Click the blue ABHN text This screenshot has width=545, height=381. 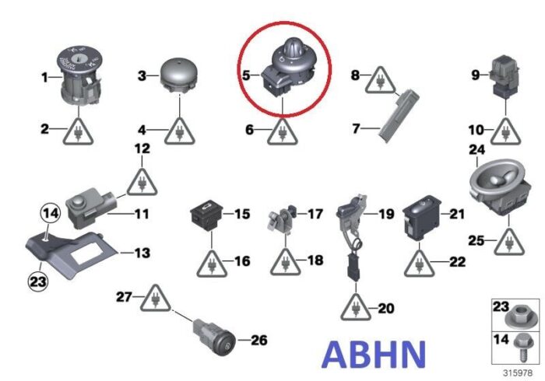click(x=374, y=355)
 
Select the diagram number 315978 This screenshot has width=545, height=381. click(x=518, y=373)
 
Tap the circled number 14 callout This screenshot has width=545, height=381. click(x=51, y=213)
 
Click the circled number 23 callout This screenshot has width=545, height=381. click(x=38, y=281)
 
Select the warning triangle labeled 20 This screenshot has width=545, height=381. click(x=356, y=306)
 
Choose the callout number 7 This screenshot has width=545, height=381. click(x=356, y=129)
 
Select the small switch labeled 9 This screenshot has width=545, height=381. click(x=505, y=77)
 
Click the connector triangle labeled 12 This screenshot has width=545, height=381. click(x=142, y=181)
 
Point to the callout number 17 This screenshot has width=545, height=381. click(x=315, y=214)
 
